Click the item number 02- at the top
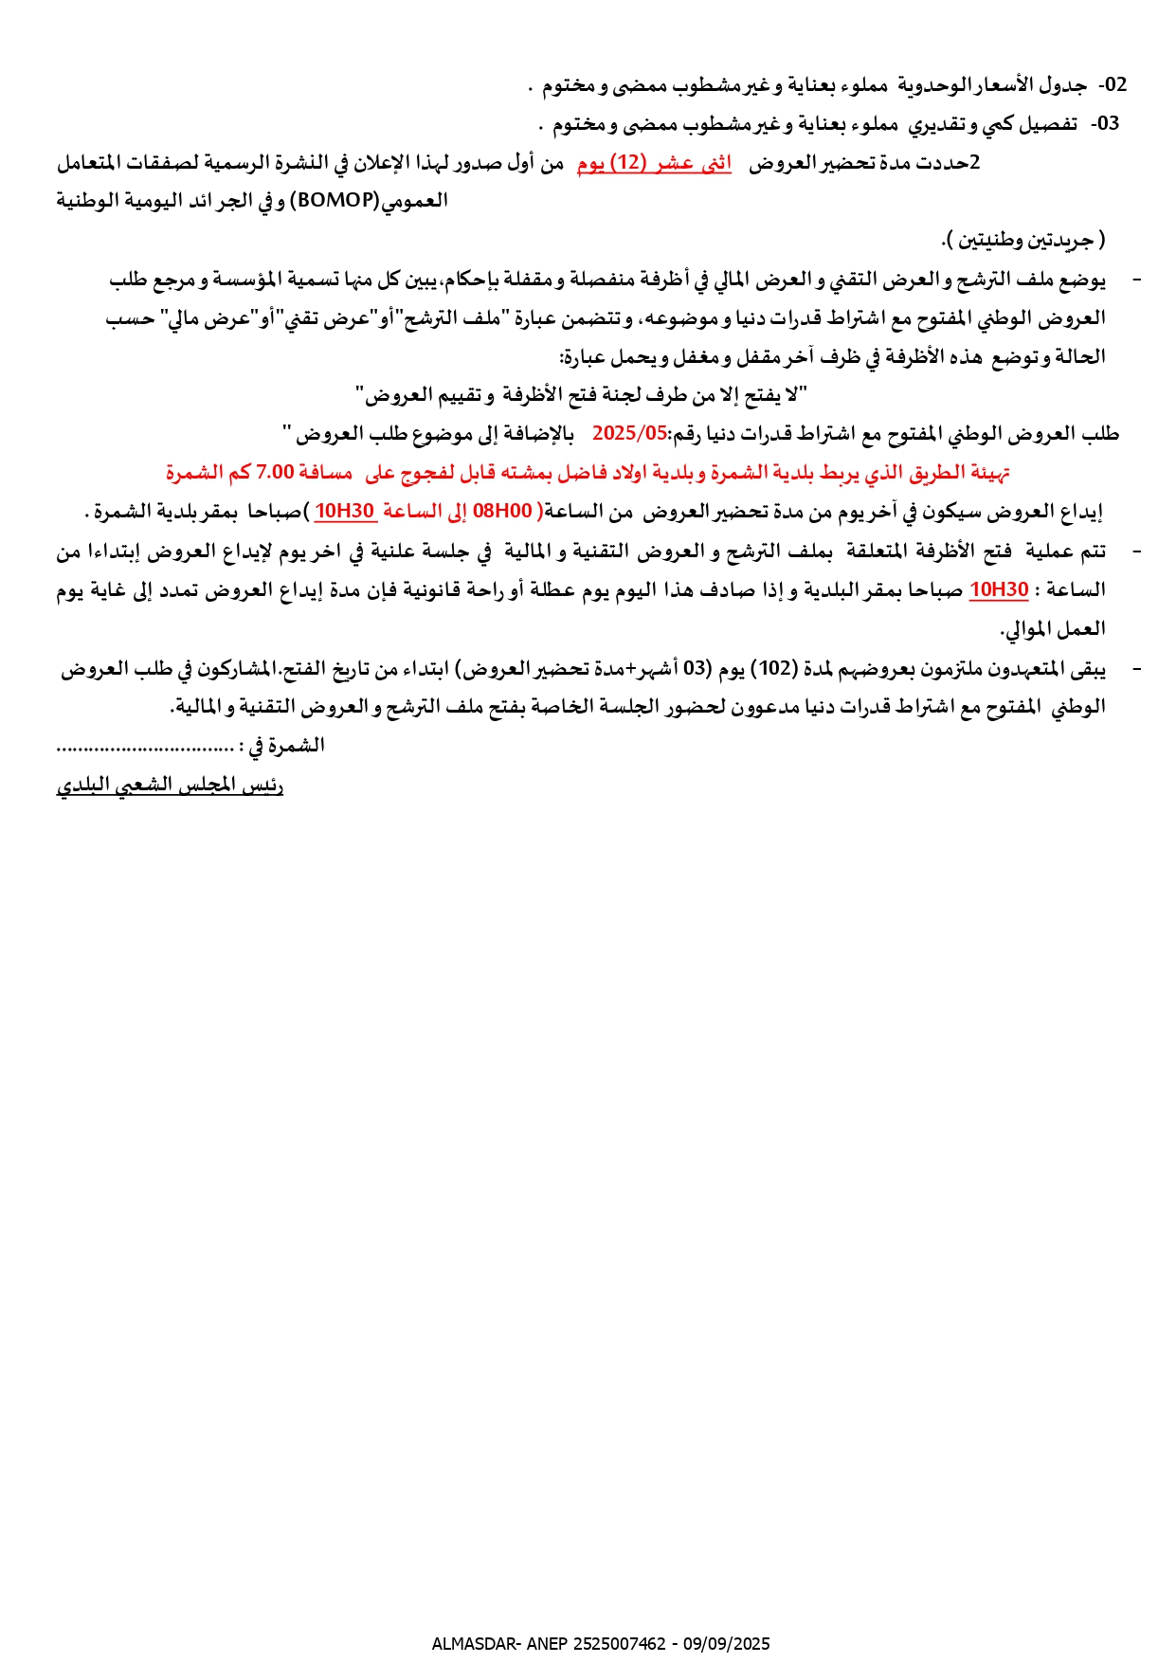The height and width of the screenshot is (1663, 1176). pos(1113,85)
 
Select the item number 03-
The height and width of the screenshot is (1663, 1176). pos(1105,124)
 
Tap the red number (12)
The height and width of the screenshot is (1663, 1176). pos(626,163)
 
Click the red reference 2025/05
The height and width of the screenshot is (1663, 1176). pos(630,434)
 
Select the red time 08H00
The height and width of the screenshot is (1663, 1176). pos(502,512)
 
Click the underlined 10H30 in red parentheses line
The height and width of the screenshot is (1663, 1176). pos(345,512)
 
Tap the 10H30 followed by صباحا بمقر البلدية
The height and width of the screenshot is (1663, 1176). pos(999,589)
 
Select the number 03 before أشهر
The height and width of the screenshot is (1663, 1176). pos(697,668)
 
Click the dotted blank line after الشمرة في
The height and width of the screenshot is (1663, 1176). pos(145,747)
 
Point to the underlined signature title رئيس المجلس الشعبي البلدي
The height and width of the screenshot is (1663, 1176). pos(170,786)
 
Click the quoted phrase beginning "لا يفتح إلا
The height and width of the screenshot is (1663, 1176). pos(581,394)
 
